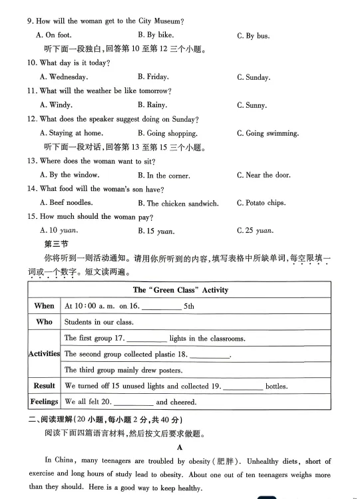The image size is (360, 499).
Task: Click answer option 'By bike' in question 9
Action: (x=155, y=35)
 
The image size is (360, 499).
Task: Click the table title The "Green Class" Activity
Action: (x=180, y=290)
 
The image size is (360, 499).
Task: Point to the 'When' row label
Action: (x=44, y=306)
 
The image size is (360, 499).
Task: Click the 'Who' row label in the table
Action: (x=44, y=322)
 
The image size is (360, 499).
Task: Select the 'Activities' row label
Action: (x=44, y=354)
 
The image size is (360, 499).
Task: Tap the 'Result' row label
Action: (x=44, y=386)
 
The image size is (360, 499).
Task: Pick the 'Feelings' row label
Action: (x=44, y=402)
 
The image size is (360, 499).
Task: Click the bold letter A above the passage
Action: (x=180, y=448)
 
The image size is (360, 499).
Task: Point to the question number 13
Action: (x=31, y=161)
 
